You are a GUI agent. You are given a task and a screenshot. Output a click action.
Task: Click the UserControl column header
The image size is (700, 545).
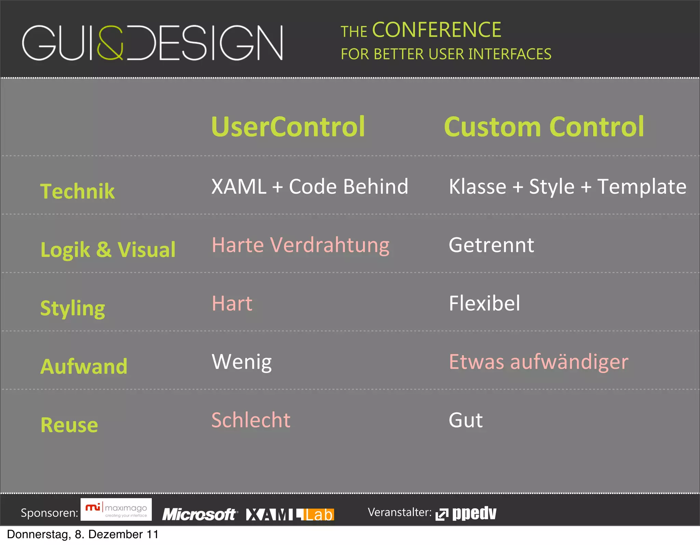pyautogui.click(x=288, y=127)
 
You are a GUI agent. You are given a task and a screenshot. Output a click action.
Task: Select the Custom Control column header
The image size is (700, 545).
pyautogui.click(x=544, y=127)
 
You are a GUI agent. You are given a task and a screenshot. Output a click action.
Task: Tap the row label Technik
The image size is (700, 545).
pyautogui.click(x=77, y=191)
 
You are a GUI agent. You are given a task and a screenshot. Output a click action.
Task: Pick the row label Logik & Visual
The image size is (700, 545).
pyautogui.click(x=108, y=249)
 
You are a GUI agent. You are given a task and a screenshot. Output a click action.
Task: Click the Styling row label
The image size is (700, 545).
pyautogui.click(x=72, y=308)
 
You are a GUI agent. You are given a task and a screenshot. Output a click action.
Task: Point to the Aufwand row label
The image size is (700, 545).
pyautogui.click(x=84, y=366)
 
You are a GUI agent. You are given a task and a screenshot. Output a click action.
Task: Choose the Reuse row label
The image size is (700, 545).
pyautogui.click(x=69, y=425)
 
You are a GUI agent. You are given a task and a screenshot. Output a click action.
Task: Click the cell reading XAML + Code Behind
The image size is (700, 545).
pyautogui.click(x=310, y=187)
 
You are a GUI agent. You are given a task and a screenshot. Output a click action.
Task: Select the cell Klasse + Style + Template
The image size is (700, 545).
pyautogui.click(x=567, y=187)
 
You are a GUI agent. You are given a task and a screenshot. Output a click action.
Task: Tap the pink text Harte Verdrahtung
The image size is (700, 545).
pyautogui.click(x=300, y=245)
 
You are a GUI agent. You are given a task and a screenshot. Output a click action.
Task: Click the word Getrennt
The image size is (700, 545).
pyautogui.click(x=491, y=245)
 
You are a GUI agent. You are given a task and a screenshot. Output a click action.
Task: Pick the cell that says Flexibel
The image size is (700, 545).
pyautogui.click(x=484, y=303)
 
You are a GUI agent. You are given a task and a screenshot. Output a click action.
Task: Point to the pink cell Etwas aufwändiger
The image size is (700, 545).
pyautogui.click(x=538, y=362)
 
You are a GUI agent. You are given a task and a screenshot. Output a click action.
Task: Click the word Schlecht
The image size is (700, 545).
pyautogui.click(x=251, y=420)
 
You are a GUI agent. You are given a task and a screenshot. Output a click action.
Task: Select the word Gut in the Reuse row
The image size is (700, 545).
pyautogui.click(x=466, y=420)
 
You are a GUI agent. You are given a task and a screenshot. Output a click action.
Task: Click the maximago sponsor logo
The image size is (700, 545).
pyautogui.click(x=116, y=510)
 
